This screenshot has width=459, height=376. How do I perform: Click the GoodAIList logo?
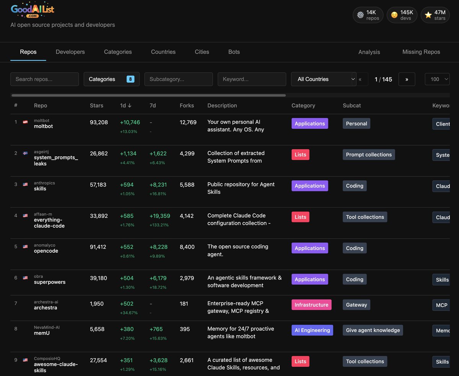33,10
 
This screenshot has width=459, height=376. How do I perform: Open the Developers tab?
70,52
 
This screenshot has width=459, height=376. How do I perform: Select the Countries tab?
163,52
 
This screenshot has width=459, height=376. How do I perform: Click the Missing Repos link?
421,52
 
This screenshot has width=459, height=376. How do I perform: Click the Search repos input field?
44,79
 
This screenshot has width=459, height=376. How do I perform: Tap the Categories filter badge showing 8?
130,79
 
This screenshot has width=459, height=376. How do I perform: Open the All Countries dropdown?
324,79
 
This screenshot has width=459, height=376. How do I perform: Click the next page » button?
407,79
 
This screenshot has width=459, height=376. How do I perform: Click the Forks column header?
187,106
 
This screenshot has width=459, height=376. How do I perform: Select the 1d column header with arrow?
126,106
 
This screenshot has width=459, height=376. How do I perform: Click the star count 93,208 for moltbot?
99,123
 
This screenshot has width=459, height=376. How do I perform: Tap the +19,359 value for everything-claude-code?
160,216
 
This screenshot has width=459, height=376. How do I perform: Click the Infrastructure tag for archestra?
311,305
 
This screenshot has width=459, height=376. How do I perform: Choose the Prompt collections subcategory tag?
369,155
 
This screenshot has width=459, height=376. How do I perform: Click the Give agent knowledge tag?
373,330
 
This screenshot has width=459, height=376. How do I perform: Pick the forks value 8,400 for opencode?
187,247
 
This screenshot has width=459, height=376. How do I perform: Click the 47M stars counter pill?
435,15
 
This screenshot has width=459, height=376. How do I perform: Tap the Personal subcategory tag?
356,124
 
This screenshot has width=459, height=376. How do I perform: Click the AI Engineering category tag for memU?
312,330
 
